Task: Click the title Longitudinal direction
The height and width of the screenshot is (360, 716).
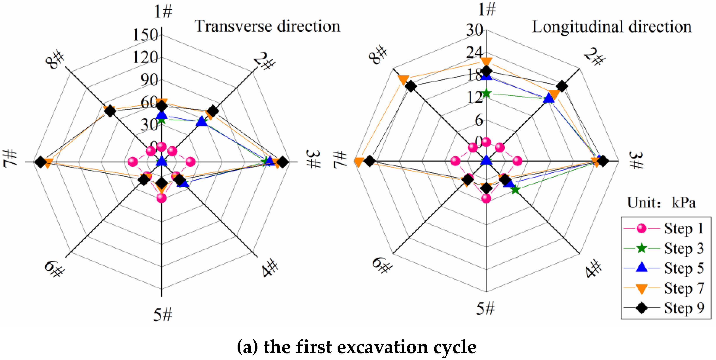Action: point(611,27)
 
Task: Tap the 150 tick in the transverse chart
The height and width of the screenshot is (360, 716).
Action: point(145,35)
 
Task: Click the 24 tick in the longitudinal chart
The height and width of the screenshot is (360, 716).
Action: point(475,52)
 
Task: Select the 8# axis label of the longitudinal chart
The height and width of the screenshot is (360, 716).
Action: point(378,55)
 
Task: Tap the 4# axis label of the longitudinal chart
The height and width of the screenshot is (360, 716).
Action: point(594,268)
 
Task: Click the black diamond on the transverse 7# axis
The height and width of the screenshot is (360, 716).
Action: point(41,162)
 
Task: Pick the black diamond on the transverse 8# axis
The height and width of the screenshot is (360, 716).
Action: point(110,111)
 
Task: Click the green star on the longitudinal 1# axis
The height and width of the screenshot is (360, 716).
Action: point(486,93)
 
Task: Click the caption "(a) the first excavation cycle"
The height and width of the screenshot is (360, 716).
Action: point(357,347)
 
